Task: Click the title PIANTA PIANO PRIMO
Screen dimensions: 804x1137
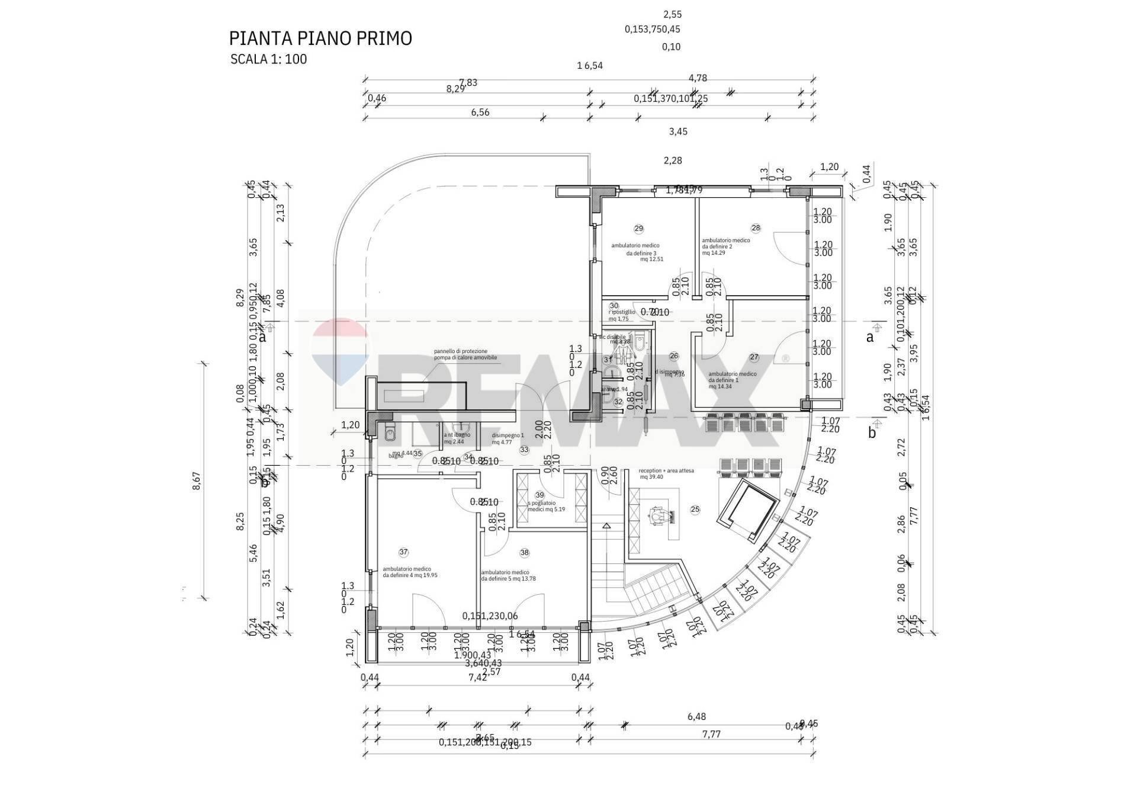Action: pos(320,39)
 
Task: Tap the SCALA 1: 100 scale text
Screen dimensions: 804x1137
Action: pos(268,59)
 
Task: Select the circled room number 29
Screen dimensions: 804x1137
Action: pos(638,229)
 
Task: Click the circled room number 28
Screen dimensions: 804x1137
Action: pos(756,228)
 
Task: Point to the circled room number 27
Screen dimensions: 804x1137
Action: pos(754,357)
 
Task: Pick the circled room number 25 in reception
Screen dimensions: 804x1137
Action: pos(695,510)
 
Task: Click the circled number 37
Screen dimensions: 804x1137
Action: pos(403,552)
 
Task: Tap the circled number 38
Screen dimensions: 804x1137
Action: pos(524,553)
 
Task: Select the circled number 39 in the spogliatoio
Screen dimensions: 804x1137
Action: pos(539,495)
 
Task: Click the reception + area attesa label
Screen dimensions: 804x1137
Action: pos(666,473)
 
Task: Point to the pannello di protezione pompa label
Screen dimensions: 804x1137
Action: pos(465,354)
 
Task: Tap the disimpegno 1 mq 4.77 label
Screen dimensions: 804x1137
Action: pos(508,438)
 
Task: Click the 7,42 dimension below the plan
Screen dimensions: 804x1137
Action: pos(477,678)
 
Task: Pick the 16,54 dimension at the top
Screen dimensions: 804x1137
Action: pos(589,66)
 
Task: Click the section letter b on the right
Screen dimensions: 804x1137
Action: pos(872,433)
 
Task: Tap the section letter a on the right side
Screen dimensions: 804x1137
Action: pos(869,337)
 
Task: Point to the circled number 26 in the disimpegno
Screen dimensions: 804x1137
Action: pos(673,356)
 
